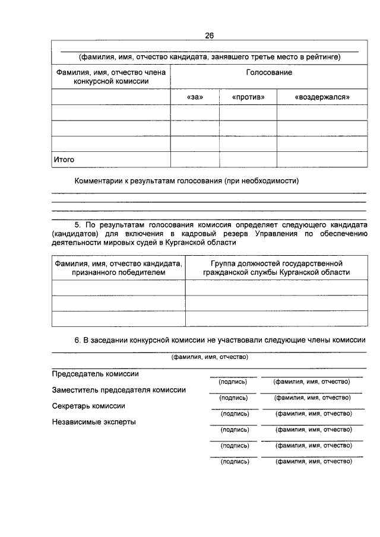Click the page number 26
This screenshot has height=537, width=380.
[209, 36]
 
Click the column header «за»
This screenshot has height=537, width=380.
[194, 97]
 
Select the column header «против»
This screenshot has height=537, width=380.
[248, 97]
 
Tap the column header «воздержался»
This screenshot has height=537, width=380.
[322, 97]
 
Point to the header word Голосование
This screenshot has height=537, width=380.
[269, 72]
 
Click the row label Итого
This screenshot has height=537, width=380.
[64, 160]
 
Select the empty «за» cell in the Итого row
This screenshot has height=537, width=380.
[194, 160]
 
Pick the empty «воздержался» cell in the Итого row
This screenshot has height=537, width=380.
[322, 160]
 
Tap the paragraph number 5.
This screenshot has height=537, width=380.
[77, 226]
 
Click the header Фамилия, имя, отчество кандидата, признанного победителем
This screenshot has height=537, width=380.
[118, 268]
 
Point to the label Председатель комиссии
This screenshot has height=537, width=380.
[96, 374]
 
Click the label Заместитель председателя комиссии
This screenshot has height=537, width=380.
[119, 390]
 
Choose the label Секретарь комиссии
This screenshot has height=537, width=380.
[88, 406]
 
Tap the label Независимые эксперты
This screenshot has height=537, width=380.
[94, 422]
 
